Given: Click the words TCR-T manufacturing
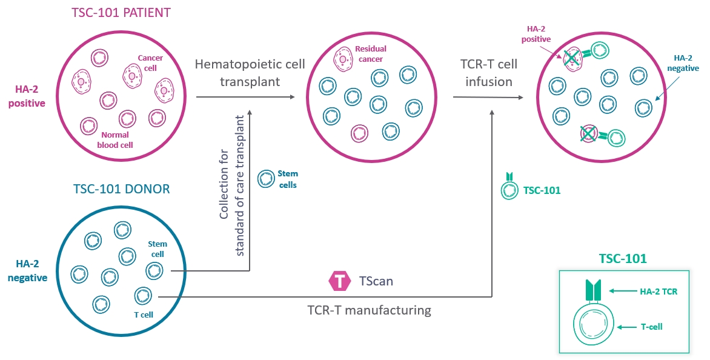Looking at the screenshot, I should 368,311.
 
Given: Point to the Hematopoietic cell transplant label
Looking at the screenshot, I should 249,73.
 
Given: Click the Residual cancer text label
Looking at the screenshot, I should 371,54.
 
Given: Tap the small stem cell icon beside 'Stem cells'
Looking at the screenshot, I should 265,179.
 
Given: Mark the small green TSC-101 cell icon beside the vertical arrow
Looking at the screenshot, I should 509,188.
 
